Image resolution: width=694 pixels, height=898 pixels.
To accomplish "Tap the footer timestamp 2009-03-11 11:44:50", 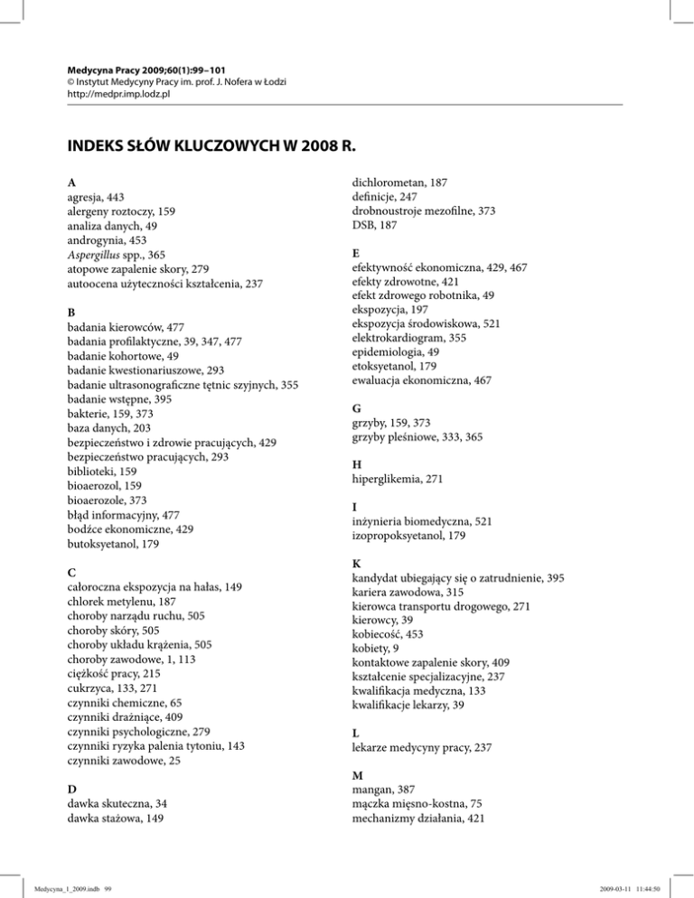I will (x=642, y=887).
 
